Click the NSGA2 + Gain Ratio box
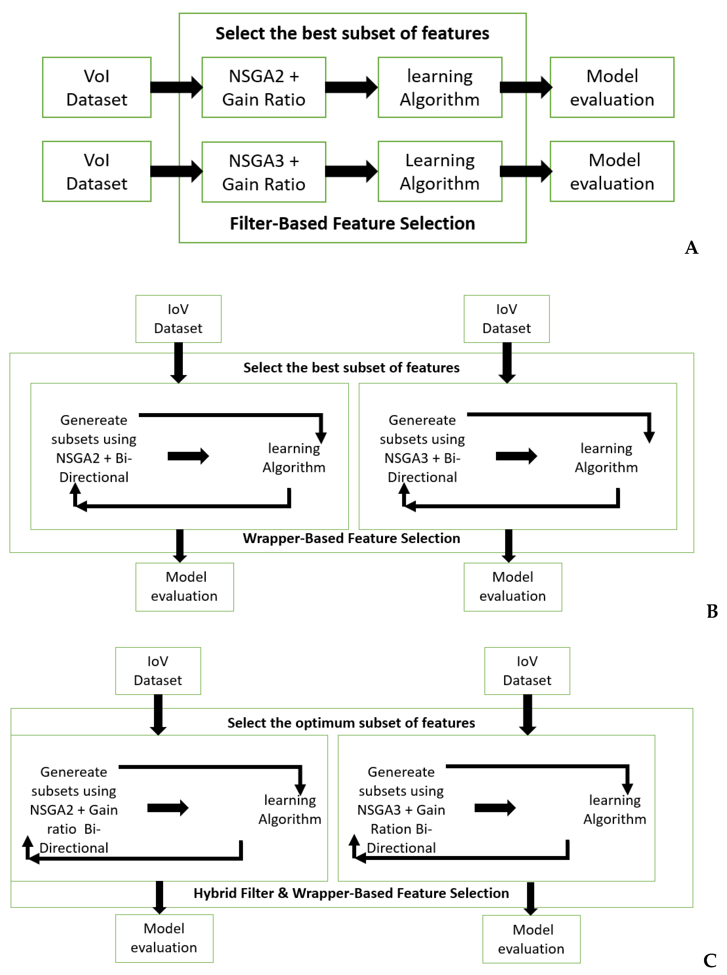click(x=264, y=87)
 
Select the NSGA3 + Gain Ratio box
click(x=264, y=172)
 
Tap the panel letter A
click(x=691, y=248)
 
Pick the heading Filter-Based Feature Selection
click(x=352, y=223)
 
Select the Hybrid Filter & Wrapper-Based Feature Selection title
click(x=351, y=893)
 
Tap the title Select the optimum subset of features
click(x=351, y=723)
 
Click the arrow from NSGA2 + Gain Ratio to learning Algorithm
click(x=351, y=87)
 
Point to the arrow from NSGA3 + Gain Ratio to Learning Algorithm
click(x=351, y=171)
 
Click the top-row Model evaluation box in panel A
click(x=612, y=87)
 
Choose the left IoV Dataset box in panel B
click(x=178, y=319)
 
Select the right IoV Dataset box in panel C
click(x=527, y=671)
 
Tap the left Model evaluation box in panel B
click(x=184, y=587)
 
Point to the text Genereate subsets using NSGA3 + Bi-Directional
click(x=422, y=448)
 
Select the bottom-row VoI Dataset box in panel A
click(x=97, y=172)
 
